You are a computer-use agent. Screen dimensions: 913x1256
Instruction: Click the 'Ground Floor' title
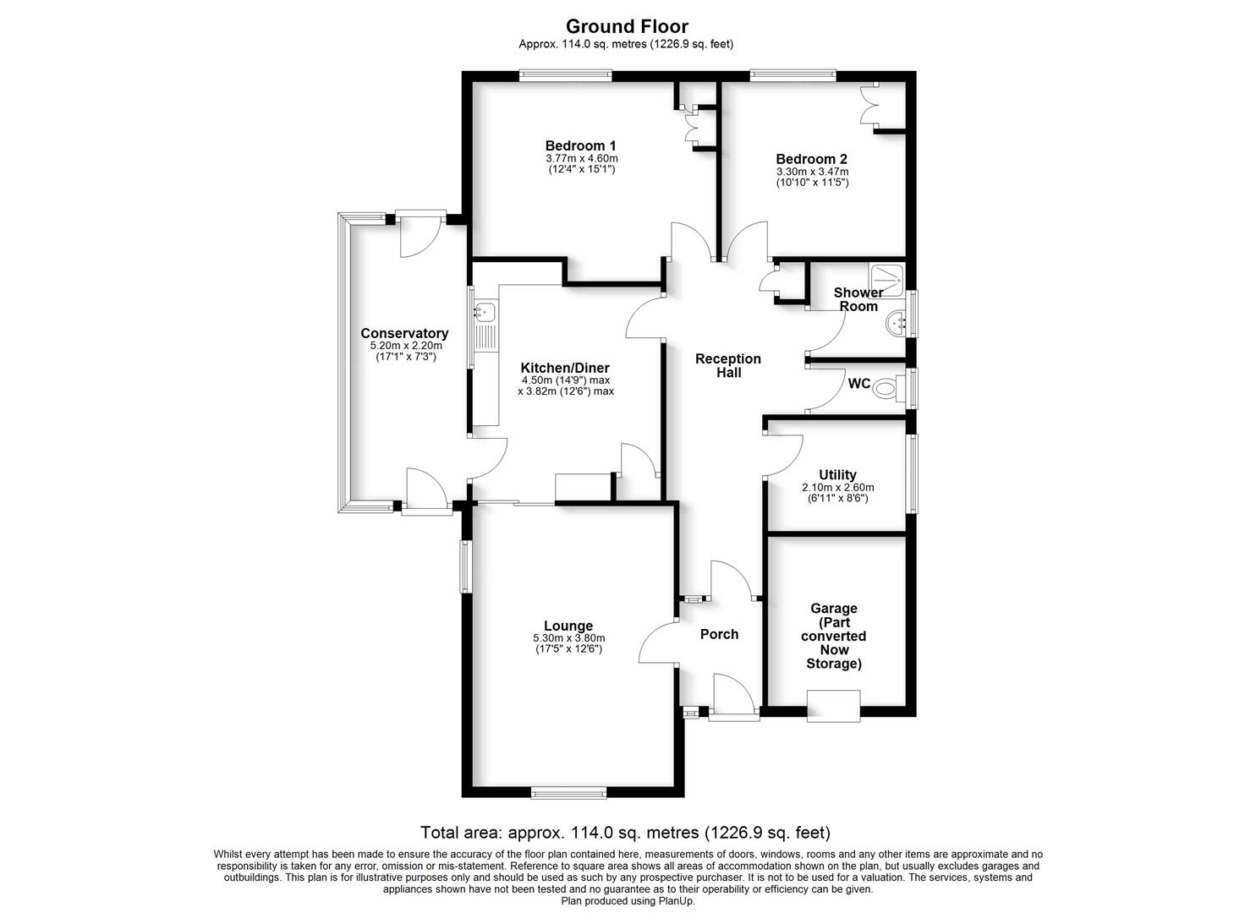[627, 26]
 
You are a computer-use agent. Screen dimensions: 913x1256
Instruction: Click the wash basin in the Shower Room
[896, 321]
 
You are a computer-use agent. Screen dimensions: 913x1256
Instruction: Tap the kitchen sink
[484, 313]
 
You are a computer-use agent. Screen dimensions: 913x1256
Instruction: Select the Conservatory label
[404, 333]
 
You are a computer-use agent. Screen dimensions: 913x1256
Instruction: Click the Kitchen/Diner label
[564, 368]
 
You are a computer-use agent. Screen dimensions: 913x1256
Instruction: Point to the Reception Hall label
[727, 365]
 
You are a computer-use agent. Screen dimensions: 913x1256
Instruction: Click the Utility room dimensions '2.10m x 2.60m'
[837, 488]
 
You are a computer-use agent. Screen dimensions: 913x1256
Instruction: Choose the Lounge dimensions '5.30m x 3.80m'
[568, 638]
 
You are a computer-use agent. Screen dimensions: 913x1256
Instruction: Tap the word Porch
[719, 634]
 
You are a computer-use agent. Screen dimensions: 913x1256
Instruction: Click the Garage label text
[833, 636]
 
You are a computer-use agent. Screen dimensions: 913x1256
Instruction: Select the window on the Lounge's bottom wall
[568, 792]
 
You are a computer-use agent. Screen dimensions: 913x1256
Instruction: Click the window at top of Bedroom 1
[565, 75]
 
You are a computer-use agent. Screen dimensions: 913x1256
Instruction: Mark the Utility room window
[911, 473]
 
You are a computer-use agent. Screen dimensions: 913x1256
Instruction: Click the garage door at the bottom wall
[833, 706]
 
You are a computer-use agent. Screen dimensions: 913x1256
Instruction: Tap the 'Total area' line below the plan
[626, 833]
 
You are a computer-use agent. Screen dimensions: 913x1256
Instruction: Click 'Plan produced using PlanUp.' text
[628, 901]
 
